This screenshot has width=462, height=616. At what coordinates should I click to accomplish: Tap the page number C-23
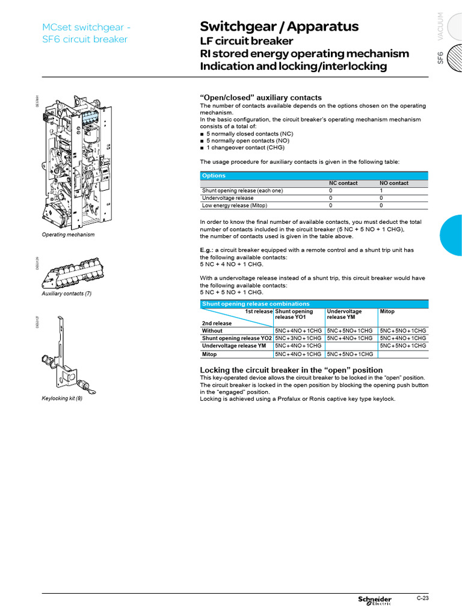click(422, 598)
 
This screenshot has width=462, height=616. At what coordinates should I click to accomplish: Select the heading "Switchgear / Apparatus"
click(279, 26)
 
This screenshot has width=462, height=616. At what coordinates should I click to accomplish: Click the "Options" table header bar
click(314, 176)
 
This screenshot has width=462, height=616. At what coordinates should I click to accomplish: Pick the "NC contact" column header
click(343, 183)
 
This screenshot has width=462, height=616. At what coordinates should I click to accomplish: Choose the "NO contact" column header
click(394, 183)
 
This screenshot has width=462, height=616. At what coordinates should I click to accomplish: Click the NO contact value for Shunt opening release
click(381, 191)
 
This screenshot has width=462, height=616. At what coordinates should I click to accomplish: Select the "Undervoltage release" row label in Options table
click(228, 198)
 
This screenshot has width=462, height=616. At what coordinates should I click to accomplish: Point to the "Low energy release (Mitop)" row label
click(235, 205)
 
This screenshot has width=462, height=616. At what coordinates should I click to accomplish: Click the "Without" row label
click(212, 331)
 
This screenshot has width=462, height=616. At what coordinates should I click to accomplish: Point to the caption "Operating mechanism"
click(68, 235)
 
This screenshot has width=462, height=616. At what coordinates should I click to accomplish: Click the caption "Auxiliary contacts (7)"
click(66, 294)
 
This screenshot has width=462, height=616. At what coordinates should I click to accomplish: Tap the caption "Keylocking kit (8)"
click(62, 398)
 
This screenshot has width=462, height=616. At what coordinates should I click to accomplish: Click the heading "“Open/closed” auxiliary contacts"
click(260, 97)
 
